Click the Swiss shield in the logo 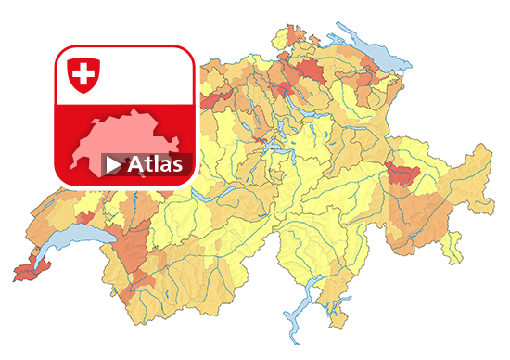pos(84,73)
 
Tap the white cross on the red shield pos(84,71)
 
